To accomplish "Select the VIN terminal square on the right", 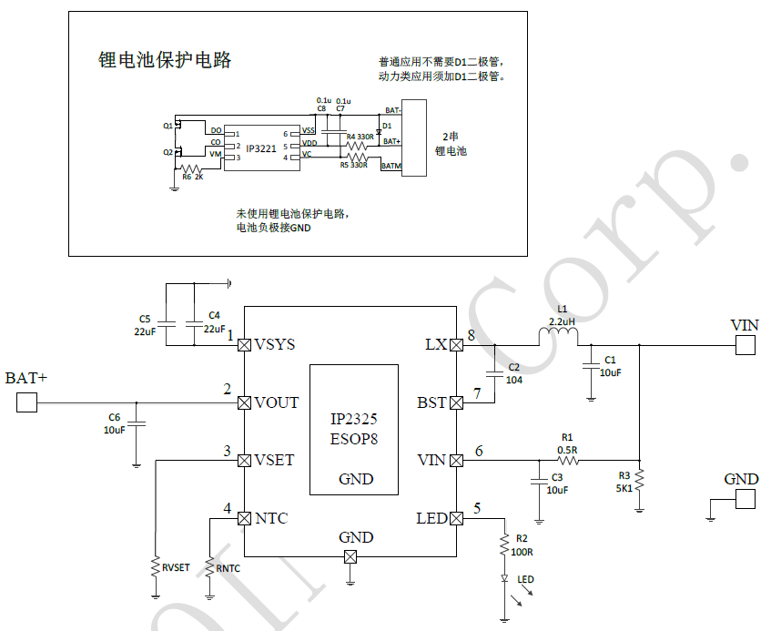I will (746, 345).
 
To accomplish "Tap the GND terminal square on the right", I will (746, 499).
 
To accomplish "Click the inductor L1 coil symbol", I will (558, 339).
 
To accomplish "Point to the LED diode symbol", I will (503, 578).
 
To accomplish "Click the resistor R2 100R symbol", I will (503, 545).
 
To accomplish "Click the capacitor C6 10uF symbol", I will (137, 423).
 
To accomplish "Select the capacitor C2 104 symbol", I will (494, 372).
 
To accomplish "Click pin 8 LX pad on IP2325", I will (456, 345).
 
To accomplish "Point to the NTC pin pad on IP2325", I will (244, 518).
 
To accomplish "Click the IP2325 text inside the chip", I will (354, 420).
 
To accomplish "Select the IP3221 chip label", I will (261, 146).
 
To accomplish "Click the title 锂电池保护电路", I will (165, 60).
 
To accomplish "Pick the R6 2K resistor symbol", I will (191, 168).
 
